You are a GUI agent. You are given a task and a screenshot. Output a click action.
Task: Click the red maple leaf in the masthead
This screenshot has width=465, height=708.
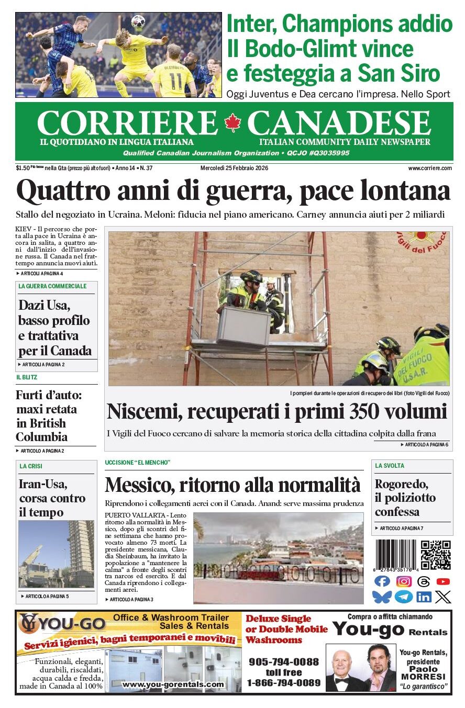point(232,123)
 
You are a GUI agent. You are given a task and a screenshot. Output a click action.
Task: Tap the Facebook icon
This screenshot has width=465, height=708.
point(383,581)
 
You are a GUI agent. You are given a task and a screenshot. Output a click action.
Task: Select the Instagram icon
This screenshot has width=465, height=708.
point(404,581)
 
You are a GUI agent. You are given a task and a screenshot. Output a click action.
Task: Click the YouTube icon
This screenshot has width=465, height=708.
point(443,581)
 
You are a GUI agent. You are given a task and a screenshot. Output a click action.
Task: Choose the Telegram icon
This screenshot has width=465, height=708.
point(404,597)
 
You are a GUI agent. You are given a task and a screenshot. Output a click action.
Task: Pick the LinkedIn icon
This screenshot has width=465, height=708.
point(424,597)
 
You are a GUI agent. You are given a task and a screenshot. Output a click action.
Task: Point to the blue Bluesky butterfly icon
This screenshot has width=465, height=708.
point(382,597)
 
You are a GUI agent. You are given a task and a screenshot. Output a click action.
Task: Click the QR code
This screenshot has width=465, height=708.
point(436,555)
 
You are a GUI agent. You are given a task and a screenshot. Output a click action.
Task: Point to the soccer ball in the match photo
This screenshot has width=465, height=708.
point(138,21)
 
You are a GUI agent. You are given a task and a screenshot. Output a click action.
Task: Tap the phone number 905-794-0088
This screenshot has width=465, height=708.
point(283,661)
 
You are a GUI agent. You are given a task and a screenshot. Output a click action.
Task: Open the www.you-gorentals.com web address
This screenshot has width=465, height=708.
point(173,684)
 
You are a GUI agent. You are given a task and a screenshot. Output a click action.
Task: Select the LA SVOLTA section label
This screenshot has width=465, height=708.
point(390,466)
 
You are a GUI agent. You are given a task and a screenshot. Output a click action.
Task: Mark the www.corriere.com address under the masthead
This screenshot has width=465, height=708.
point(430,168)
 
